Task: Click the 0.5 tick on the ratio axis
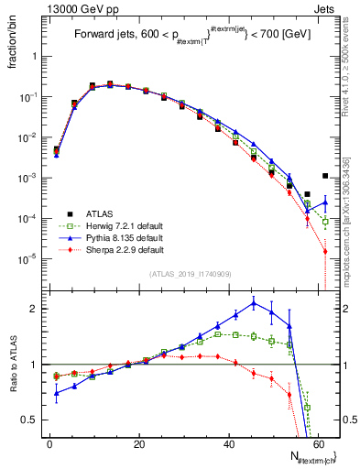(x=33, y=420)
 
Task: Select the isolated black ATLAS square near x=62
(x=325, y=176)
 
